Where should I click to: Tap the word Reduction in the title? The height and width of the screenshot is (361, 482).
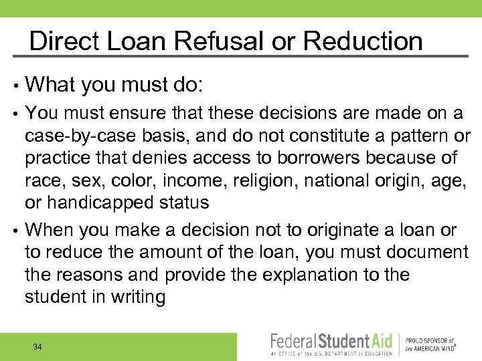[x=363, y=41]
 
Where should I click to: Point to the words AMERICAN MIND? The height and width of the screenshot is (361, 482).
[x=430, y=348]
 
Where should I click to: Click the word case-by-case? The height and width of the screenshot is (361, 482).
[x=80, y=136]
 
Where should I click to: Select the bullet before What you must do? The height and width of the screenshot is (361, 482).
[x=14, y=85]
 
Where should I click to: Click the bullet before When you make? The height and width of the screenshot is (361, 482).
[x=14, y=231]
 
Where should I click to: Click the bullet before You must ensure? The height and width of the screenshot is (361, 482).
[x=14, y=114]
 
